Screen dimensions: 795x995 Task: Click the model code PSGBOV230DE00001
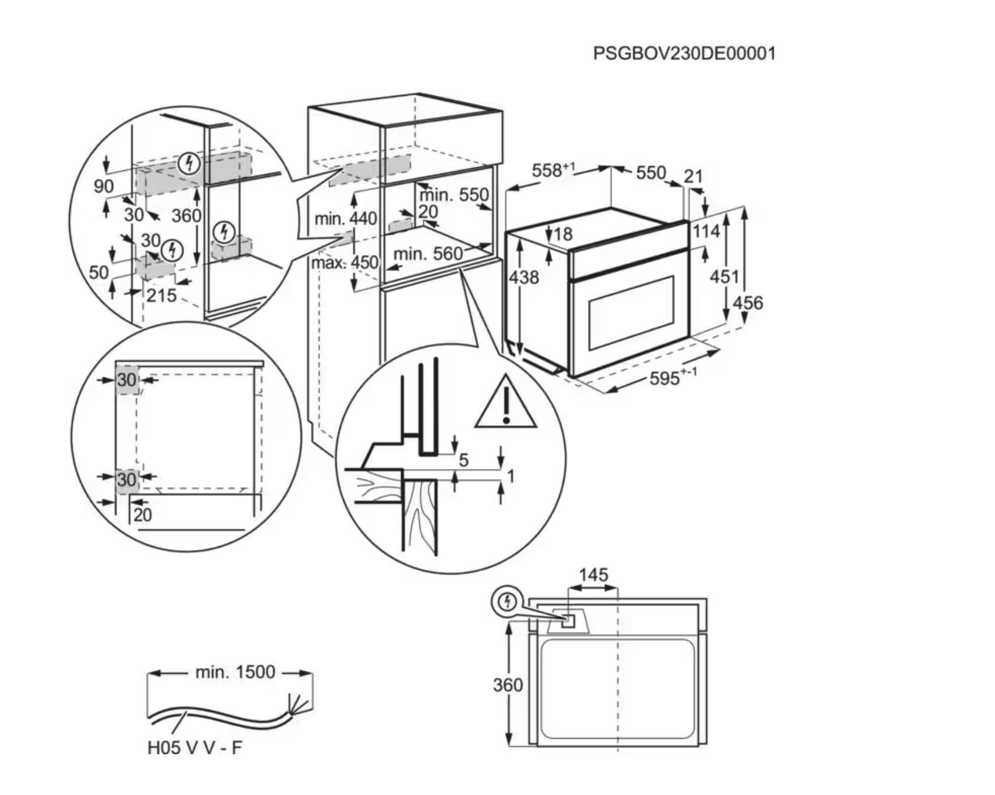click(684, 54)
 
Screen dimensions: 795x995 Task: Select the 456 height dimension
click(748, 303)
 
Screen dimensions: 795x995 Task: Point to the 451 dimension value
click(724, 276)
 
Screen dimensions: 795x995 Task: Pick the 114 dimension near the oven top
click(706, 231)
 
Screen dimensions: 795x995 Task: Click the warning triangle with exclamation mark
click(505, 402)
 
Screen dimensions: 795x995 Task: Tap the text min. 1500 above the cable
click(235, 672)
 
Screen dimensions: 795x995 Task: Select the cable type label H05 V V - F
click(195, 748)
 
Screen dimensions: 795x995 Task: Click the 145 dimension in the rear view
click(593, 574)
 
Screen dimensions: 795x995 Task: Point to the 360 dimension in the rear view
click(508, 685)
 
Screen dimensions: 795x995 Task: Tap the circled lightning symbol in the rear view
click(507, 603)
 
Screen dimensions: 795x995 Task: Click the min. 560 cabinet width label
click(428, 254)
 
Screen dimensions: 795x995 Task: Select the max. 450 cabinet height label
click(344, 262)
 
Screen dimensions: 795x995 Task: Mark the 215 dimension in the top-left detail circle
click(161, 295)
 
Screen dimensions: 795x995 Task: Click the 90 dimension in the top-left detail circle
click(104, 186)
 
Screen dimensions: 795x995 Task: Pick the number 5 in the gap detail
click(464, 459)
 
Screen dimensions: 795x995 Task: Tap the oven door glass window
click(631, 311)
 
